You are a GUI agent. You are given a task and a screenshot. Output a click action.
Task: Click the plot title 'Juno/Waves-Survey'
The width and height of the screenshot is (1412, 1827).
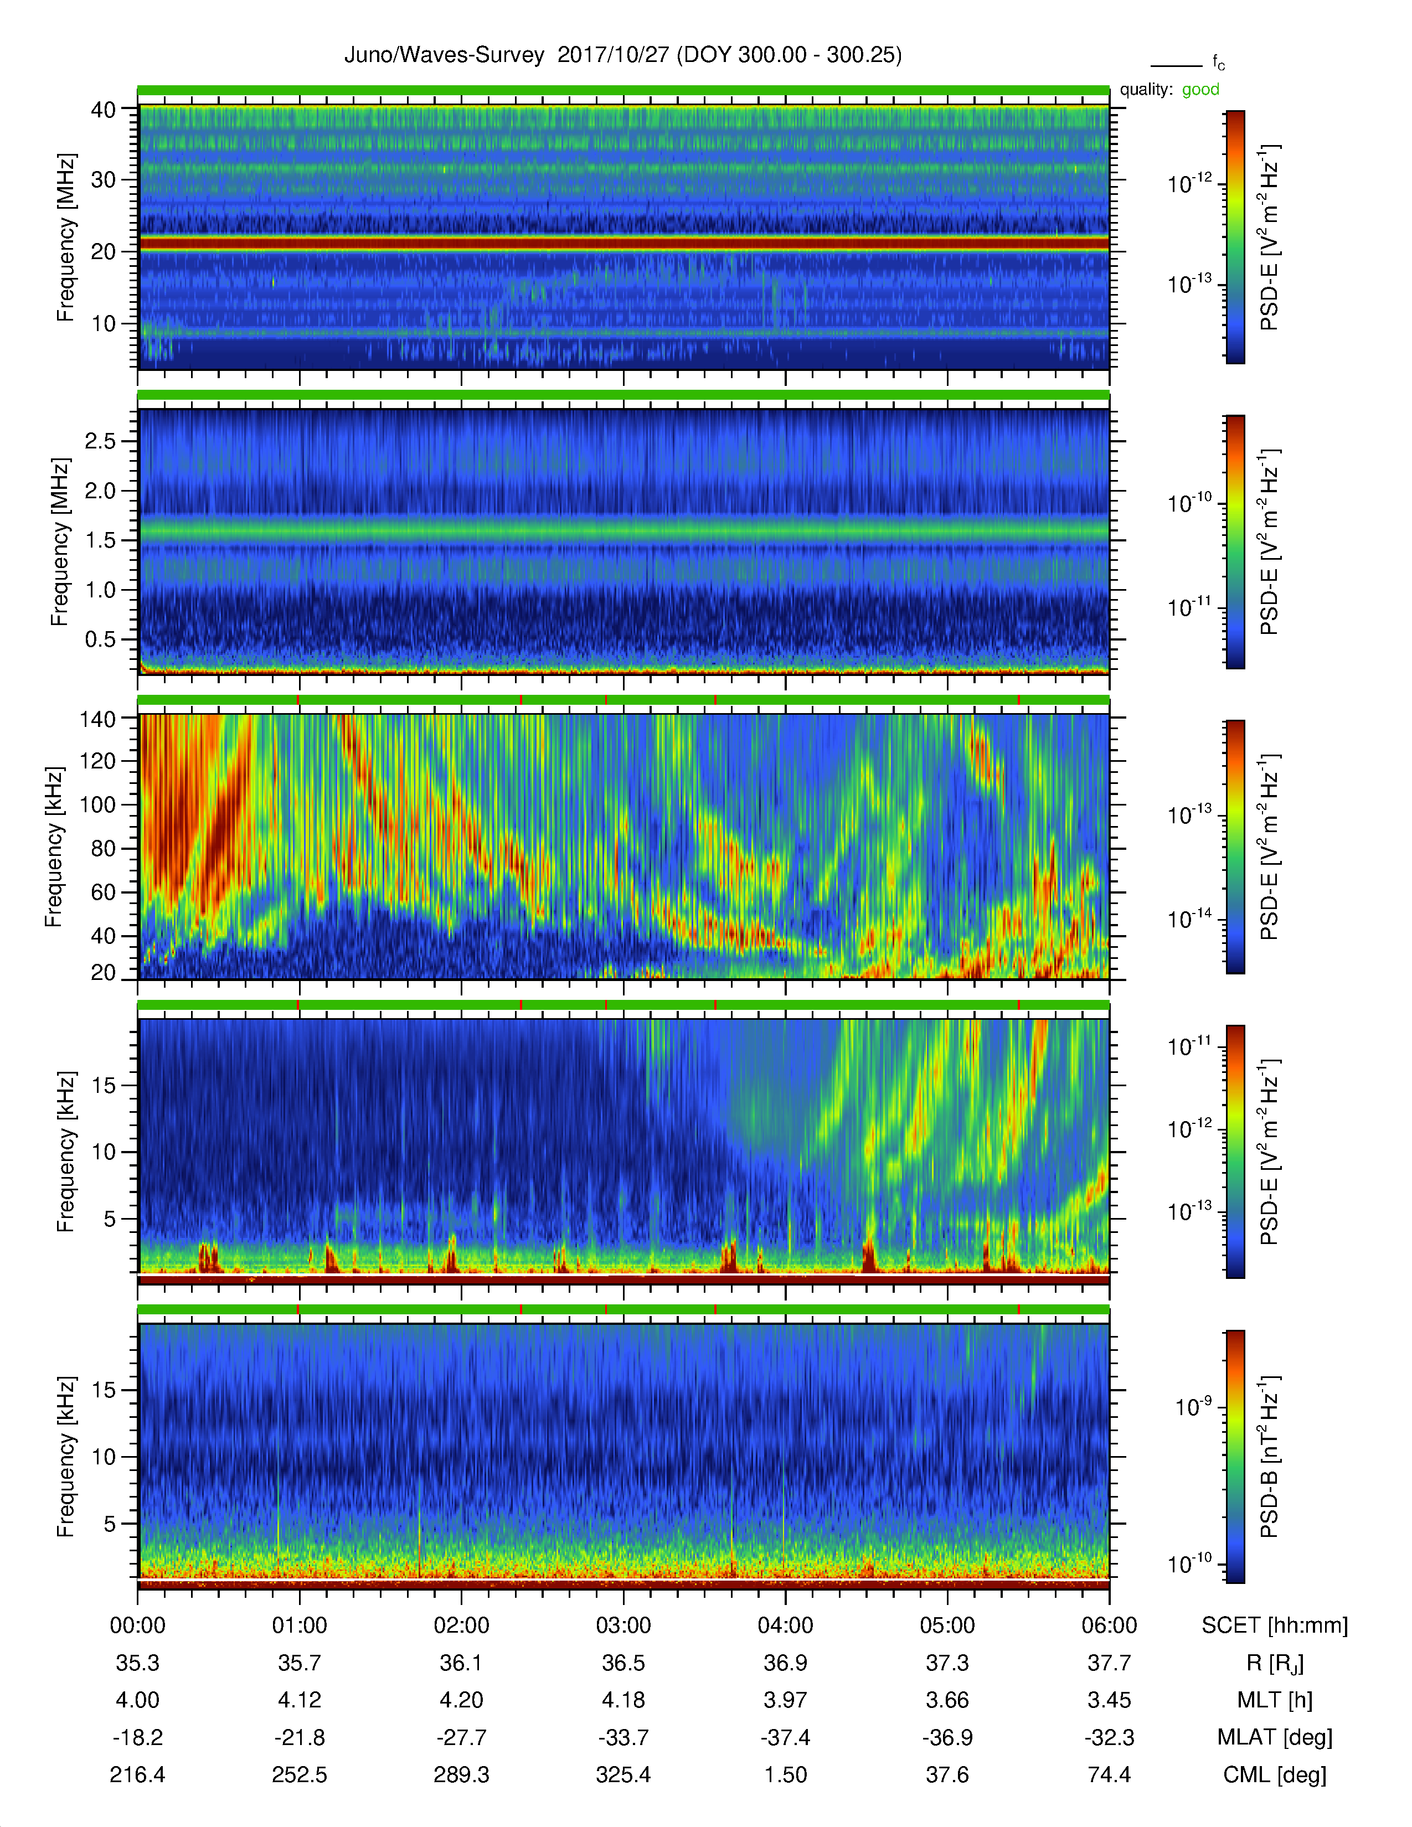(444, 55)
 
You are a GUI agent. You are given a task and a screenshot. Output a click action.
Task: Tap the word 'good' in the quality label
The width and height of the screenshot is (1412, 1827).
(1200, 90)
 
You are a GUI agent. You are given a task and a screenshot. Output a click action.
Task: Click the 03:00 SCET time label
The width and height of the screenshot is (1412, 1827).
(623, 1625)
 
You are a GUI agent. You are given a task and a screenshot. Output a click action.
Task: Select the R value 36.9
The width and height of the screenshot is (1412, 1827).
(785, 1663)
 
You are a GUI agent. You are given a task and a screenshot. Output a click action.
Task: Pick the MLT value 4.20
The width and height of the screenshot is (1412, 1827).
(461, 1700)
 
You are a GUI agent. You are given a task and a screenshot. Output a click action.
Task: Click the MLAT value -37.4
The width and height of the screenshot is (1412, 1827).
(785, 1737)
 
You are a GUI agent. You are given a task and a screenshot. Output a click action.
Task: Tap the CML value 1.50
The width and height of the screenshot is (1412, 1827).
(785, 1774)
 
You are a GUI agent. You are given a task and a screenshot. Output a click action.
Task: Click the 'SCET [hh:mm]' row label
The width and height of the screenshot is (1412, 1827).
(1274, 1625)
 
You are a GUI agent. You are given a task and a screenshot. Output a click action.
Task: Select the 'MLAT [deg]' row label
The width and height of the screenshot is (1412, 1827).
(1274, 1737)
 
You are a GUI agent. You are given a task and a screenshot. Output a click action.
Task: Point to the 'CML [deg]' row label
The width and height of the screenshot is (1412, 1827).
(1274, 1774)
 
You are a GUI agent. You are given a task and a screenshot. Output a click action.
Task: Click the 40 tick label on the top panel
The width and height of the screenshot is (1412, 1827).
(104, 110)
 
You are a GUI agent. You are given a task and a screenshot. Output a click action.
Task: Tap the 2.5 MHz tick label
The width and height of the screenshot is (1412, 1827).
(100, 441)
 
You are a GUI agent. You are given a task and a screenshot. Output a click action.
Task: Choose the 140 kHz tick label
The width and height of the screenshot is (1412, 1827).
(97, 719)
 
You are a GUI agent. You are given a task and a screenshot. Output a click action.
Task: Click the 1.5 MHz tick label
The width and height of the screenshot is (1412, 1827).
(100, 540)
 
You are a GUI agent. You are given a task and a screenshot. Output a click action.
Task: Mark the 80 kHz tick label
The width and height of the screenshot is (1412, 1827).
(104, 848)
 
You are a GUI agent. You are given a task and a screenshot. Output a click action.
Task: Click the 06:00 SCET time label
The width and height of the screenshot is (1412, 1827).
(1109, 1625)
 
